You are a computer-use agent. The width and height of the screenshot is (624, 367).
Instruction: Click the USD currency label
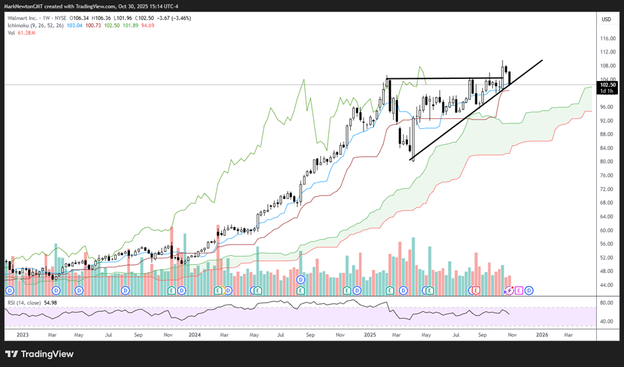click(x=605, y=19)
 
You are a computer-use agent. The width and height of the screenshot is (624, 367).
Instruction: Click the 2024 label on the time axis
click(x=196, y=336)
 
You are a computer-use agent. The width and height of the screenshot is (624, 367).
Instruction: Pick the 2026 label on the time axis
click(x=541, y=336)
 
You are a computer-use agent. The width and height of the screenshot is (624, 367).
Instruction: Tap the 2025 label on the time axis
click(x=369, y=336)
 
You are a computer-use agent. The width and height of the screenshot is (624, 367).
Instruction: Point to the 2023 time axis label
click(x=23, y=336)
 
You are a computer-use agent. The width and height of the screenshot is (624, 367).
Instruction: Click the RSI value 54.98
click(x=50, y=302)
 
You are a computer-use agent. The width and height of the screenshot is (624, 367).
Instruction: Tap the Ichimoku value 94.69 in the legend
click(x=147, y=26)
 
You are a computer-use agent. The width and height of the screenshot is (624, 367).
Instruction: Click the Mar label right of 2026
click(x=569, y=336)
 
